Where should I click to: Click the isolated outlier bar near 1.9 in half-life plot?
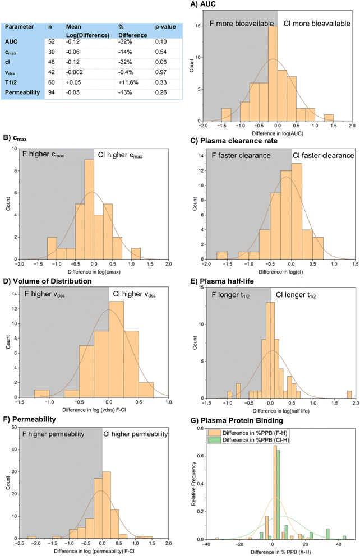[x=349, y=395]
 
